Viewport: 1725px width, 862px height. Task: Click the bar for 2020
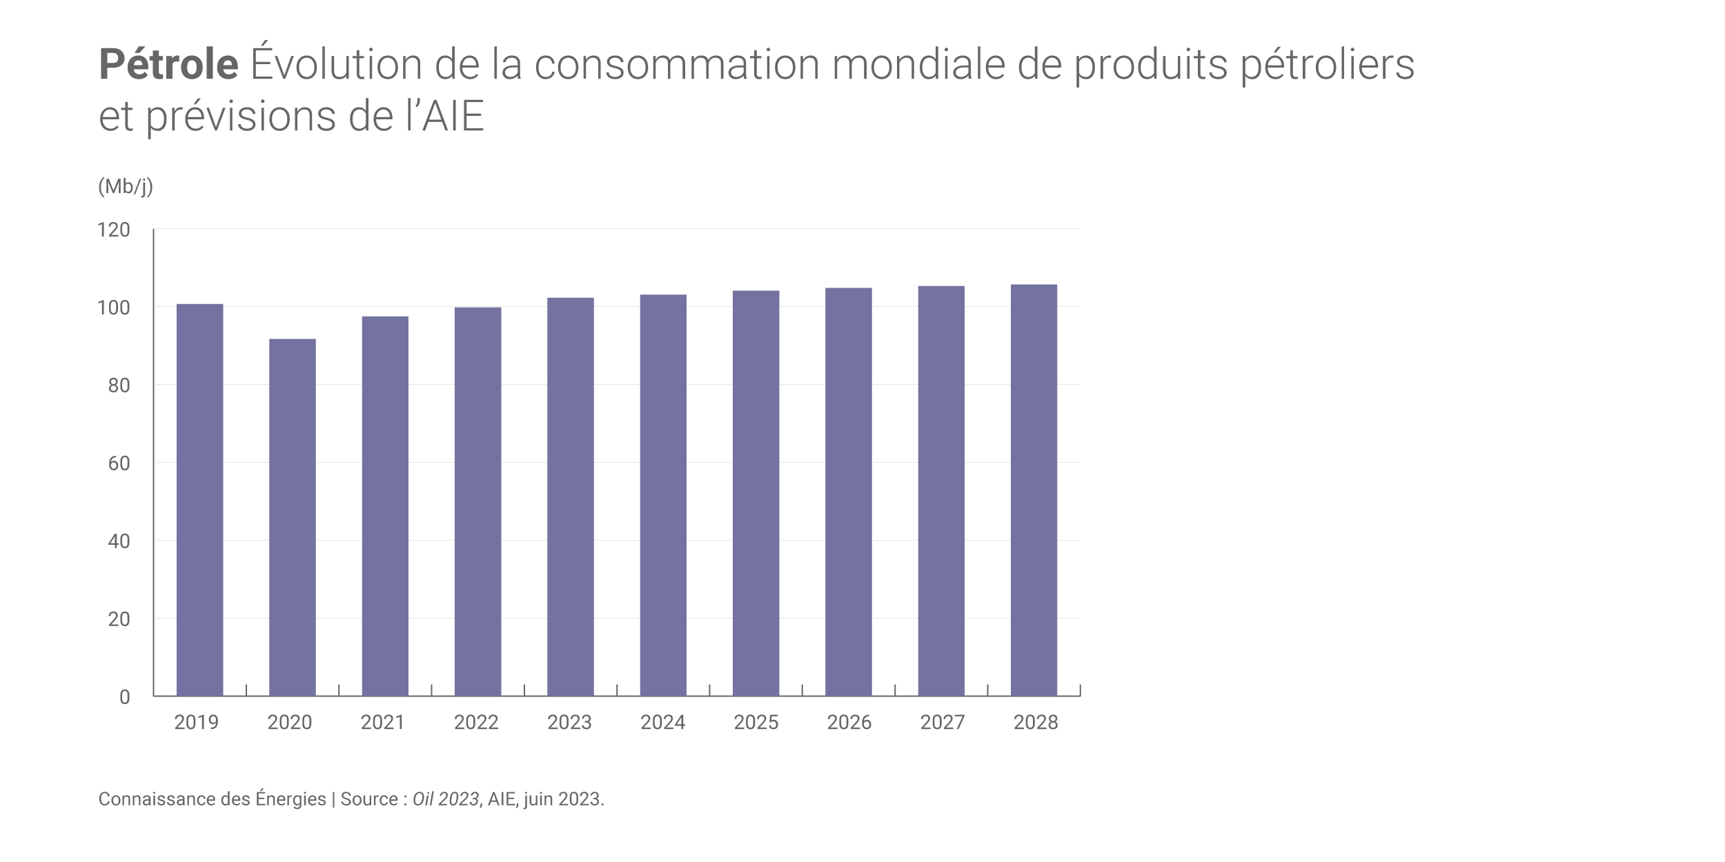292,517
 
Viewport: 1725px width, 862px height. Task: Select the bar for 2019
199,500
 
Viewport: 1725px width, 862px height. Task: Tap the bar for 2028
1034,490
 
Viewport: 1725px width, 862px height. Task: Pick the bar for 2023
570,497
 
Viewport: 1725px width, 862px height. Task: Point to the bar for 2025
756,493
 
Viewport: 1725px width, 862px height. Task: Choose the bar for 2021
385,506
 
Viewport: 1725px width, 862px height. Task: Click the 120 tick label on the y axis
114,230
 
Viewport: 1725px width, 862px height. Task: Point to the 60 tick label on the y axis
119,463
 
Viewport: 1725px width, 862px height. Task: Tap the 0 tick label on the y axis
124,697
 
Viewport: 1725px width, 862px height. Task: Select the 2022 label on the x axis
476,723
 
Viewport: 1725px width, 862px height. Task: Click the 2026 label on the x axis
849,723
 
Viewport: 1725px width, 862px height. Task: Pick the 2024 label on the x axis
662,723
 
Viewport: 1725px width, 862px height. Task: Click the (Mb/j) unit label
126,186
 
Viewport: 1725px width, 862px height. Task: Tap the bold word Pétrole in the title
168,65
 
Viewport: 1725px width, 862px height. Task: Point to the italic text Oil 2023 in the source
445,799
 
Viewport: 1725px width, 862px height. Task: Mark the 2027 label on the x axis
942,723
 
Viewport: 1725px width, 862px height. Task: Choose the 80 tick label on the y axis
119,385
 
